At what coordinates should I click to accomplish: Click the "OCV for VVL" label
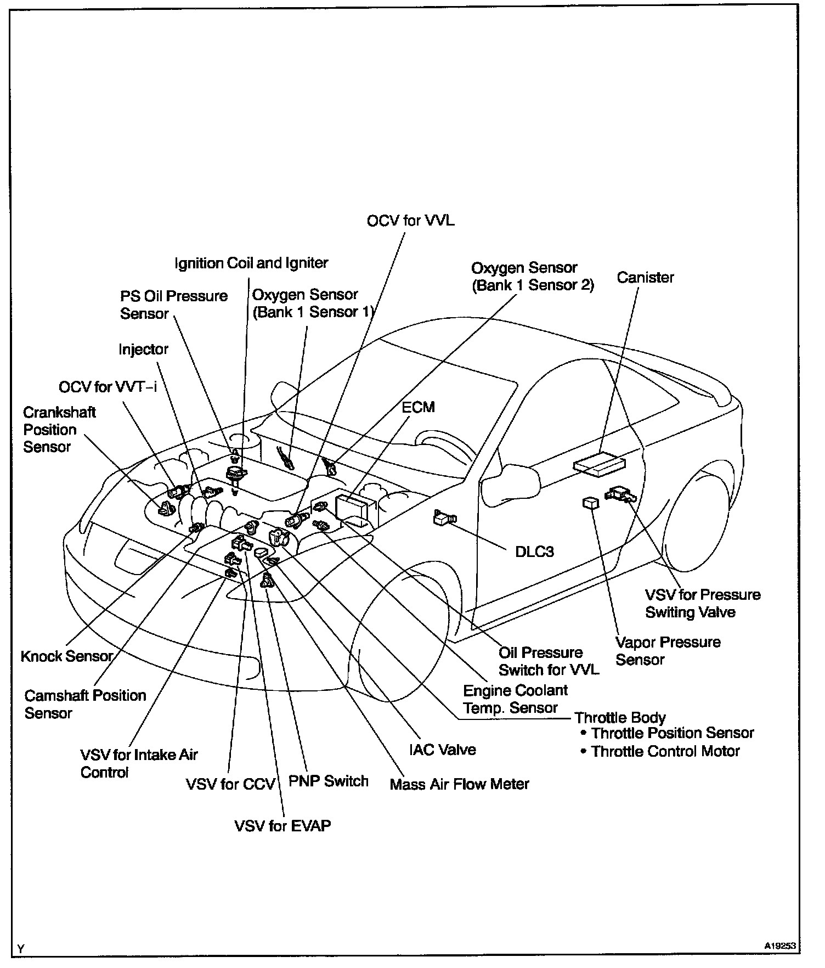(x=410, y=221)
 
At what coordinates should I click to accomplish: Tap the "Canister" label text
(x=645, y=277)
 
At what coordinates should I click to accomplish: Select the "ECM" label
(x=418, y=407)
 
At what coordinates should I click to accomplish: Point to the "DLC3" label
(x=534, y=551)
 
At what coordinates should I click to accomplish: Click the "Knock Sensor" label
(x=67, y=656)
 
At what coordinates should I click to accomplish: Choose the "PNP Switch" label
(x=328, y=781)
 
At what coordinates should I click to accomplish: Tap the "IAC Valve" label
(x=442, y=750)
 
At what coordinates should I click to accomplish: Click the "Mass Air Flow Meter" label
(x=459, y=784)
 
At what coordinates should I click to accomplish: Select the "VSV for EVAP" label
(x=282, y=825)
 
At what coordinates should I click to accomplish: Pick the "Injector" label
(x=143, y=349)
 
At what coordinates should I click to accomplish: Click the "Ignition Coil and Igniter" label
(x=251, y=263)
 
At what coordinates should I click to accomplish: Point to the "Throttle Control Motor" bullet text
(x=665, y=751)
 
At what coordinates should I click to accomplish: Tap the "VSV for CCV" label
(x=230, y=784)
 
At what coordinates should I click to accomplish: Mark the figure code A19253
(x=781, y=946)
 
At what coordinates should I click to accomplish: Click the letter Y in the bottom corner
(x=20, y=949)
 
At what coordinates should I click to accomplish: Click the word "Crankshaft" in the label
(x=59, y=412)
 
